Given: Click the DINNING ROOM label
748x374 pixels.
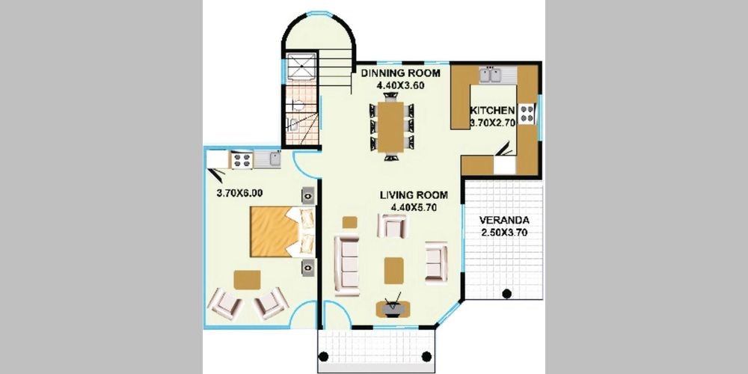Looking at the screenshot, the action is coord(399,73).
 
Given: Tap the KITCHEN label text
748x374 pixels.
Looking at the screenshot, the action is coord(492,110).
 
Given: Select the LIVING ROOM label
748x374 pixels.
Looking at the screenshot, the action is coord(414,195).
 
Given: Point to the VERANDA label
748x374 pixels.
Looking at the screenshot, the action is coord(504,221).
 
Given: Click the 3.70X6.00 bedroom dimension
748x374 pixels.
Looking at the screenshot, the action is coord(239,193).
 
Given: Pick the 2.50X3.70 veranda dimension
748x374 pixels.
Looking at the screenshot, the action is coord(504,233).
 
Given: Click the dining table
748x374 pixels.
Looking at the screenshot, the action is coord(390,126).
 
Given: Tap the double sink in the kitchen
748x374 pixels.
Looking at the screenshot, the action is coord(491,76).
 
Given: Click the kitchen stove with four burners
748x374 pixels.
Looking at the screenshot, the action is coord(527,114).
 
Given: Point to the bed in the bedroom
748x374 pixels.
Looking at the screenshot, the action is coord(282,232).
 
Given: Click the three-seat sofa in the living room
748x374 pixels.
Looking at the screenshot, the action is coord(346,266).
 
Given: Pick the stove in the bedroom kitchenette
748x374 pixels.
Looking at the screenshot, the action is coord(242,160).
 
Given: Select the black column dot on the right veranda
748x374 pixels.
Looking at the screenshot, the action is coord(506,293).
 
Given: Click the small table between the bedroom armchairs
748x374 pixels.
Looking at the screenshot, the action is coord(247,280).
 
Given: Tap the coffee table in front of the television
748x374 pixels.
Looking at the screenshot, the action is coord(393,271).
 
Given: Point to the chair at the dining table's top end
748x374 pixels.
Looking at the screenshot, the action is coord(390,96).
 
